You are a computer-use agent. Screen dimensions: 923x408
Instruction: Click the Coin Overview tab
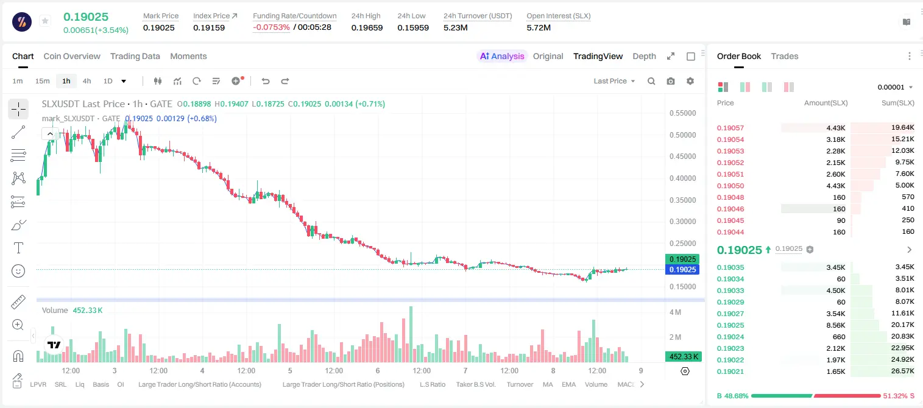coord(72,56)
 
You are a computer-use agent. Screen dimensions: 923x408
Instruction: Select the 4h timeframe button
coord(87,81)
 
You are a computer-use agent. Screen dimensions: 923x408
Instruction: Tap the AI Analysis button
coord(502,56)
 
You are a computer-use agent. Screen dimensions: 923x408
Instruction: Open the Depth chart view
coord(644,56)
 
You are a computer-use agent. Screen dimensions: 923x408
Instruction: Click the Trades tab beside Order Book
coord(785,56)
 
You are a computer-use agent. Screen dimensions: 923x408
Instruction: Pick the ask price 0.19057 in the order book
coord(730,128)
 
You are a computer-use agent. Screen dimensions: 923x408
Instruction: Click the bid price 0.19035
coord(730,267)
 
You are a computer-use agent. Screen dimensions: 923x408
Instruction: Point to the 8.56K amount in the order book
coord(836,325)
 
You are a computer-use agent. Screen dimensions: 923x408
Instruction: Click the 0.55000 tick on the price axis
coord(683,113)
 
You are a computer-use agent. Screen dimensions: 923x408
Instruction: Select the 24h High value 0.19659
coord(367,27)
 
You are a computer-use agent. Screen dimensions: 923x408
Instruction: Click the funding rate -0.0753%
coord(271,27)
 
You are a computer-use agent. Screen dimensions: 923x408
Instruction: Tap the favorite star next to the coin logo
coord(45,21)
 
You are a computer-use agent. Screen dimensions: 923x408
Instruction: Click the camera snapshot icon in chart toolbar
coord(671,81)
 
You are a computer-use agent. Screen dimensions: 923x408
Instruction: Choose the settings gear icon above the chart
coord(690,81)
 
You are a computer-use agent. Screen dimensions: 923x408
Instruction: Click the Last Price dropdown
coord(614,81)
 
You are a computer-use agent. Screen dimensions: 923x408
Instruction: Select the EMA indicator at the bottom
coord(568,384)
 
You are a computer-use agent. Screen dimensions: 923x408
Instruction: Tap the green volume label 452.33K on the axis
coord(683,356)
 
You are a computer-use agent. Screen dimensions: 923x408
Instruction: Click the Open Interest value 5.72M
coord(539,27)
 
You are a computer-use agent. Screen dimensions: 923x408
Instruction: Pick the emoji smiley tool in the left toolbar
coord(18,271)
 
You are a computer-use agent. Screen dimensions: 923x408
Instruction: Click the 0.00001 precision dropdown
coord(895,87)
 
